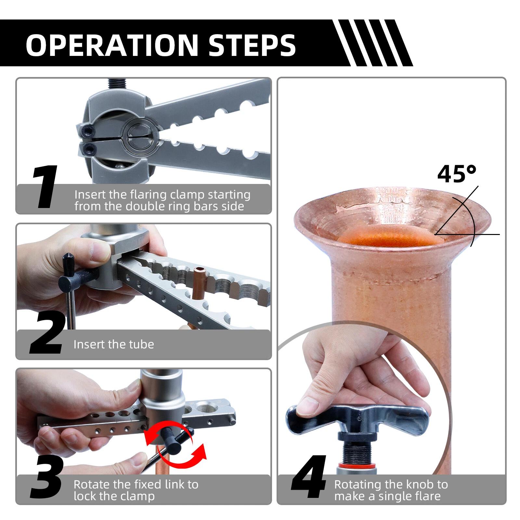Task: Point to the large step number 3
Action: click(x=47, y=477)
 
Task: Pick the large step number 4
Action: click(x=309, y=477)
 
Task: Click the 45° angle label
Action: click(x=457, y=174)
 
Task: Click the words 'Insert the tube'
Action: click(x=114, y=344)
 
